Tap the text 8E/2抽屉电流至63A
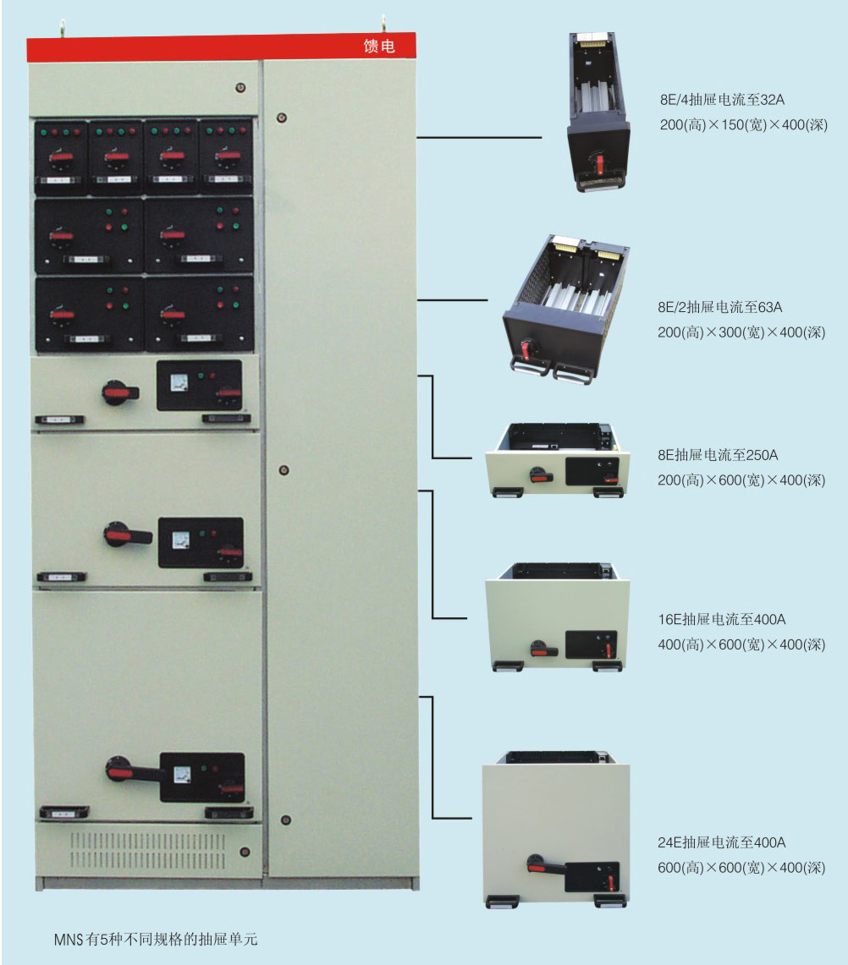coord(726,306)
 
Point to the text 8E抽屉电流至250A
coord(718,455)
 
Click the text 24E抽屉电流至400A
coord(722,842)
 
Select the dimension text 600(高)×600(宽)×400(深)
coord(741,868)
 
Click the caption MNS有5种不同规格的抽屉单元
coord(161,939)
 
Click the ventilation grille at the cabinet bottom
coord(148,851)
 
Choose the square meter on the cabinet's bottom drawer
coord(181,775)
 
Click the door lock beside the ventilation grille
coord(245,852)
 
